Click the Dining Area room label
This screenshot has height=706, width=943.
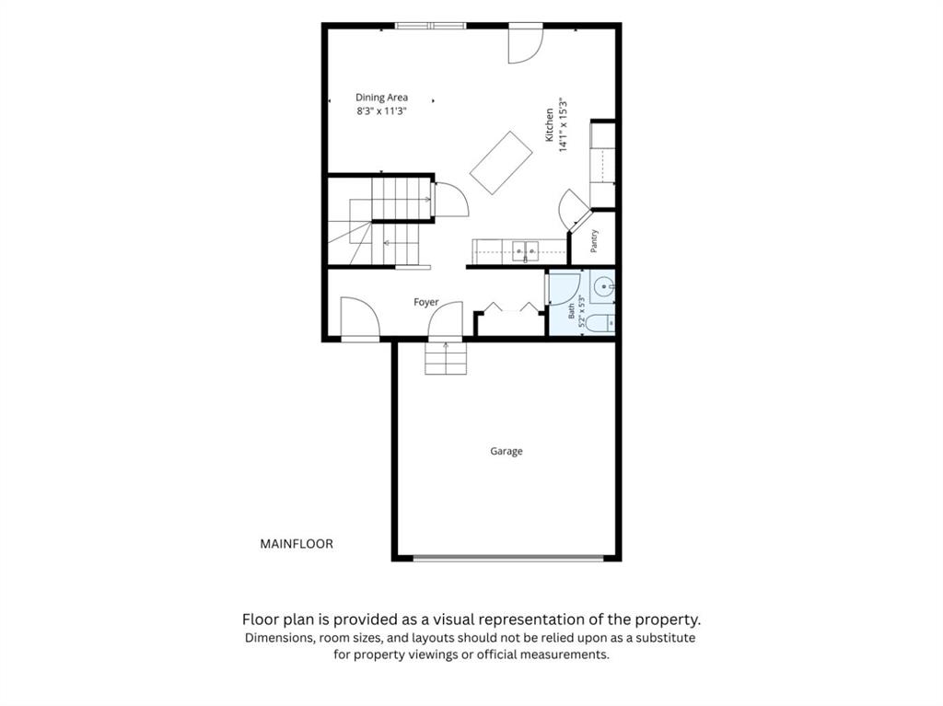coord(381,98)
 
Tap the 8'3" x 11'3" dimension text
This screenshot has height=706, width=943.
coord(381,111)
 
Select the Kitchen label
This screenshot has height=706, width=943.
coord(549,125)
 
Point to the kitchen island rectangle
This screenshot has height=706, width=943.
coord(501,163)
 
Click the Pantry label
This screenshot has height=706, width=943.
coord(594,240)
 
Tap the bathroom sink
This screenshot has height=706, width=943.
coord(603,287)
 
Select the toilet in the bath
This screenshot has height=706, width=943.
coord(600,323)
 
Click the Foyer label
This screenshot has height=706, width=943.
coord(425,302)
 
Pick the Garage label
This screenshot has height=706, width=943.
coord(506,451)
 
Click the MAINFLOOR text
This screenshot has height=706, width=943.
coord(297,544)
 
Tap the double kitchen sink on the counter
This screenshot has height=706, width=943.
coord(526,251)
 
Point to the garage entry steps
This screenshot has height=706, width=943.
coord(446,358)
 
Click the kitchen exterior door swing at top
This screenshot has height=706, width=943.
coord(526,45)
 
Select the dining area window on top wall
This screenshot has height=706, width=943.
coord(431,25)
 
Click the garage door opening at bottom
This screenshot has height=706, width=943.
coord(508,558)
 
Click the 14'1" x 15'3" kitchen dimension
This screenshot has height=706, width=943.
coord(564,125)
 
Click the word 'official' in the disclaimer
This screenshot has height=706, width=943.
coord(499,654)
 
